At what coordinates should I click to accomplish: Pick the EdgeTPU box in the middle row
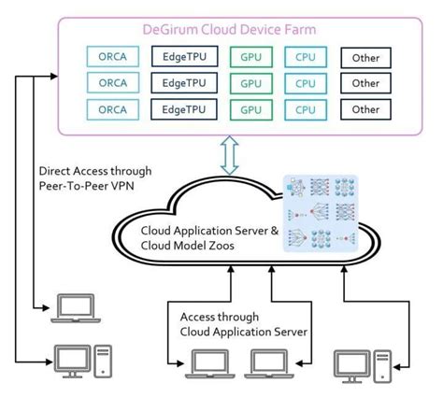(x=183, y=82)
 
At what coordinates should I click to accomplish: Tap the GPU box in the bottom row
(x=250, y=109)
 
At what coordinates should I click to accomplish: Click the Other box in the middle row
(x=365, y=83)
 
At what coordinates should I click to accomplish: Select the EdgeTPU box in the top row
(x=183, y=56)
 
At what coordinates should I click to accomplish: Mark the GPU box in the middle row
(x=250, y=83)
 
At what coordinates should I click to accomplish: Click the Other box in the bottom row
(x=365, y=109)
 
